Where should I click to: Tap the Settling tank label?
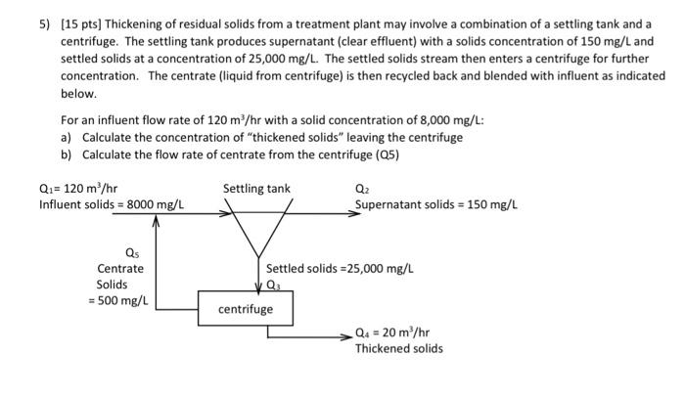[x=256, y=188]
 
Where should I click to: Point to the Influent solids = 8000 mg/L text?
[x=112, y=204]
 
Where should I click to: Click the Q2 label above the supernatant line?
[x=361, y=189]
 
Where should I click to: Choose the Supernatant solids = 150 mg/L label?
[x=435, y=204]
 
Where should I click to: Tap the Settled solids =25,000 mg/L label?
[x=340, y=267]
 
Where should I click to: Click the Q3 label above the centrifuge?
[x=275, y=285]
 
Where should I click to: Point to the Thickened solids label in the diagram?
[x=398, y=348]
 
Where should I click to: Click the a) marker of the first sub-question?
[x=66, y=138]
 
